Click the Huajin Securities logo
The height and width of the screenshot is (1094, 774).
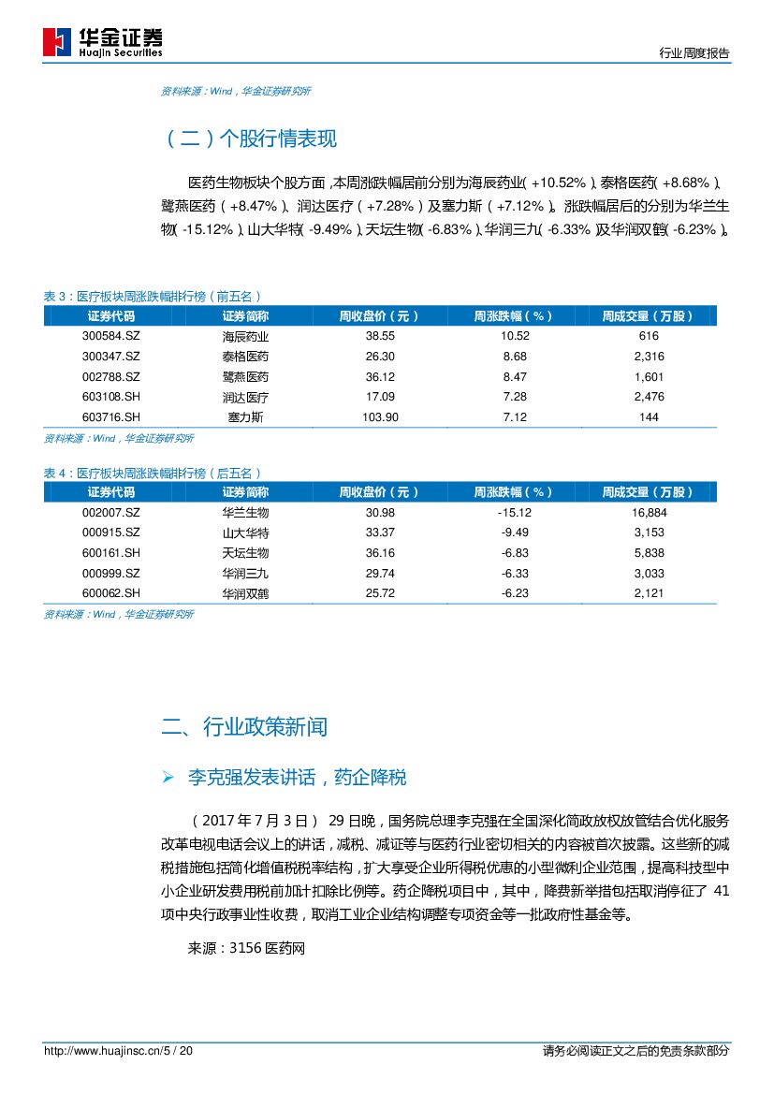[103, 41]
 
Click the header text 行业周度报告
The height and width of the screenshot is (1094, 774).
[694, 54]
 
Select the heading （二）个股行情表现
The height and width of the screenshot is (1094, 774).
[250, 139]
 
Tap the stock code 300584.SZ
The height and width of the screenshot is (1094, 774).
[110, 336]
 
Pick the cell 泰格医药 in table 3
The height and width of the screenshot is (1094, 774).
[245, 357]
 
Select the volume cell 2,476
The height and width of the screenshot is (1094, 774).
[649, 397]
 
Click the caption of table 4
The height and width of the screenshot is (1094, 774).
[153, 474]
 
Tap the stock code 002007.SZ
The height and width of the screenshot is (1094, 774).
[110, 513]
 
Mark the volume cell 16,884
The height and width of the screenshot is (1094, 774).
[649, 513]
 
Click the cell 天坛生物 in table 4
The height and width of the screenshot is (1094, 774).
[245, 553]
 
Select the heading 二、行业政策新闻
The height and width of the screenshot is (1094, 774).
[245, 727]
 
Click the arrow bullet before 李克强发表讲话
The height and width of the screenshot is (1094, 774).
[168, 778]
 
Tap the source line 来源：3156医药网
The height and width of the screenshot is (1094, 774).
[247, 948]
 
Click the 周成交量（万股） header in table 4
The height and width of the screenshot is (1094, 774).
[648, 492]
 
